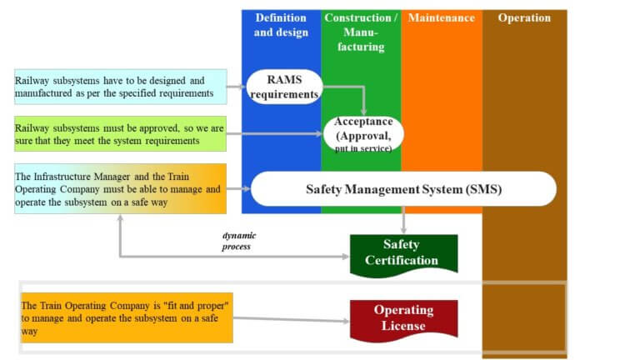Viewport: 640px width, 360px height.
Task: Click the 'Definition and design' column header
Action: (281, 25)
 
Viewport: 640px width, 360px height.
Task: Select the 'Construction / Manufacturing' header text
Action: (361, 32)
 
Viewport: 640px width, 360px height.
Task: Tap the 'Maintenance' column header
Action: (442, 17)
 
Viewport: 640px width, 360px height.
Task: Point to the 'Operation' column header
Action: (524, 17)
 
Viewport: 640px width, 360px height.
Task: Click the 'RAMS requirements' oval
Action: (284, 87)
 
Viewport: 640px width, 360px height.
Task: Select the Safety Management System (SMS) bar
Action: (403, 189)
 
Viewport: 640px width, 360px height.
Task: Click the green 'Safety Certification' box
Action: (403, 252)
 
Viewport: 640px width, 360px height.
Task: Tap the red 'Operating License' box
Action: (403, 317)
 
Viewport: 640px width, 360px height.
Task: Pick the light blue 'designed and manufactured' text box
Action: (120, 87)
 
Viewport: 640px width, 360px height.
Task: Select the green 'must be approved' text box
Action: (120, 133)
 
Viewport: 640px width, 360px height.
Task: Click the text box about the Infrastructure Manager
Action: (120, 188)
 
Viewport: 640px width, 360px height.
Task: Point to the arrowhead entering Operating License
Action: (345, 322)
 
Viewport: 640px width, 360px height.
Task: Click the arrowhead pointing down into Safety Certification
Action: (403, 229)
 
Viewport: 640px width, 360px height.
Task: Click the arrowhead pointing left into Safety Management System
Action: (247, 189)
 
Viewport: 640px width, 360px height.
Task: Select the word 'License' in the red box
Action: (404, 326)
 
